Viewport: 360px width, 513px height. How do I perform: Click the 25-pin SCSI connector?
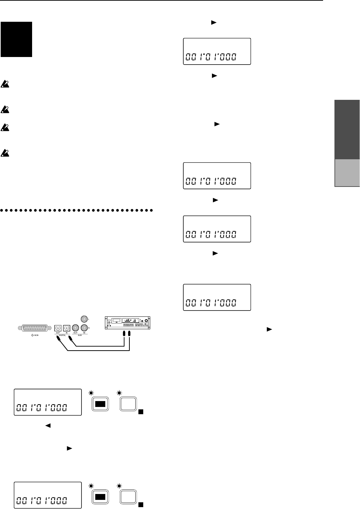click(35, 328)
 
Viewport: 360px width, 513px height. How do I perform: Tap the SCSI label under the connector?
click(35, 335)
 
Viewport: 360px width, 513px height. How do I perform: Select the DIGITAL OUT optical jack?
click(58, 328)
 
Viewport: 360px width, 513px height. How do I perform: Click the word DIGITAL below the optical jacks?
click(62, 335)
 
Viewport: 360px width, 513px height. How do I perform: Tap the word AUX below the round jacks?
click(79, 335)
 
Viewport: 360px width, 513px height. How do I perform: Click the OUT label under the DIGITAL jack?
click(58, 333)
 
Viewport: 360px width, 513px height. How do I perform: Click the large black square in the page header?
click(16, 39)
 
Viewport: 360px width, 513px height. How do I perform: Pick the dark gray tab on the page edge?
click(347, 130)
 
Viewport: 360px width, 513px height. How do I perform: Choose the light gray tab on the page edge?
click(347, 173)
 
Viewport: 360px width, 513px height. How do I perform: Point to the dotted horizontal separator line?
click(77, 210)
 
